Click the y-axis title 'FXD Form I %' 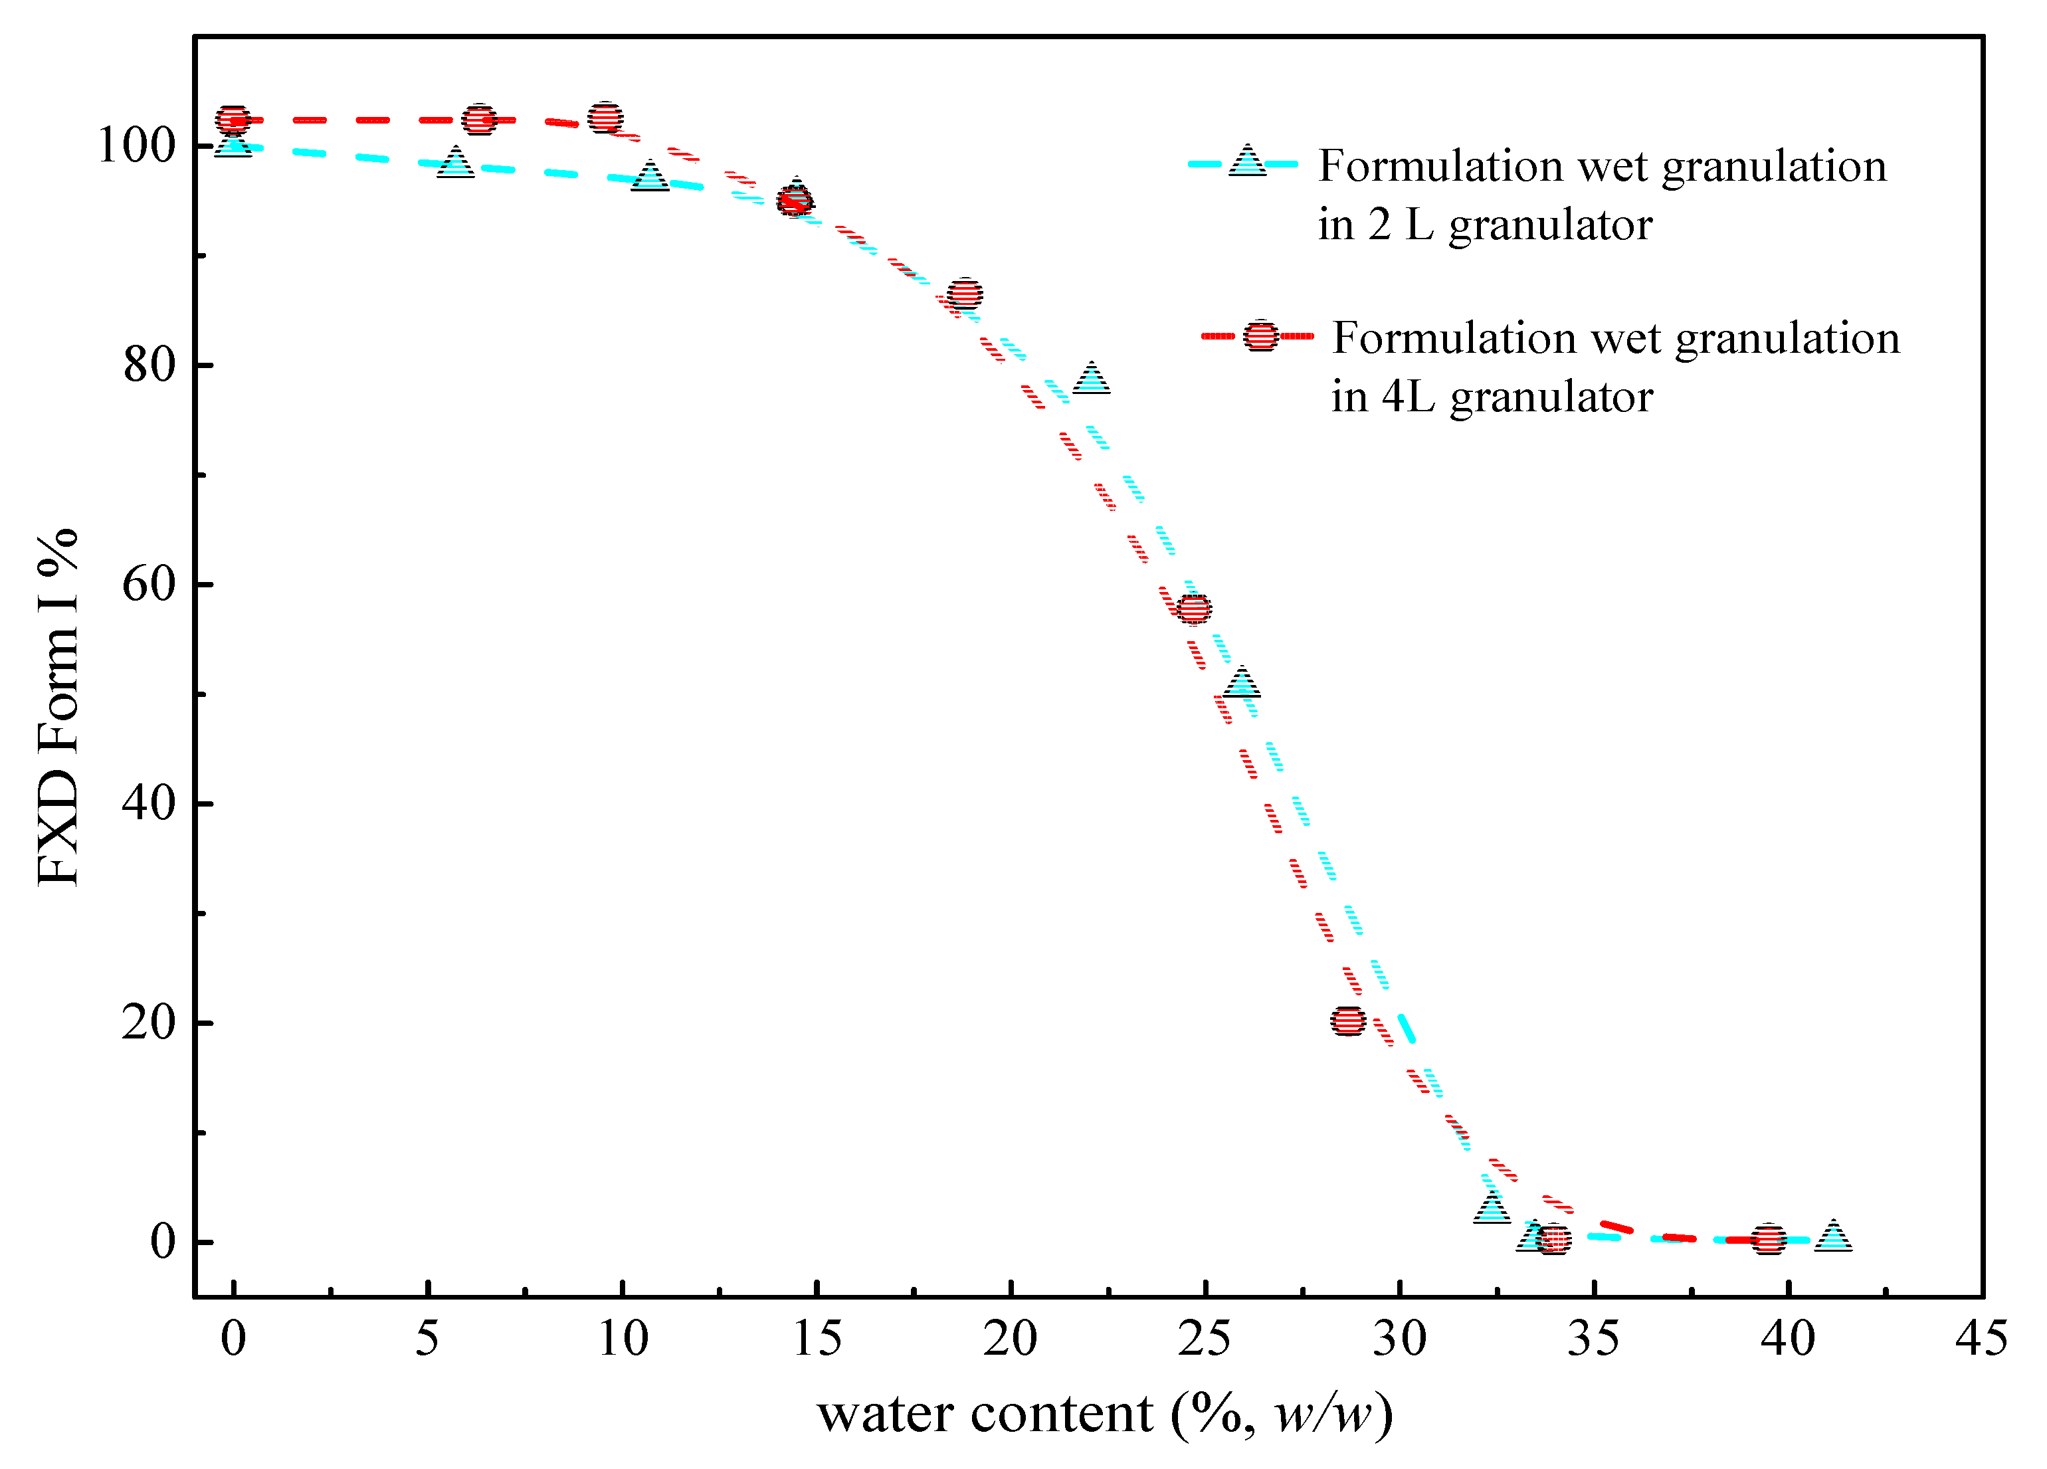(x=58, y=708)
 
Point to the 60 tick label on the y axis (x=148, y=584)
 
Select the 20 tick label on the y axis (x=148, y=1023)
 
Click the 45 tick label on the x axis (x=1981, y=1338)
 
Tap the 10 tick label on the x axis (x=623, y=1338)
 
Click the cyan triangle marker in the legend (x=1247, y=162)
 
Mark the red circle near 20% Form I (x=1347, y=1021)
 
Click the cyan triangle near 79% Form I (x=1091, y=379)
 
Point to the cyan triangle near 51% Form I (x=1242, y=683)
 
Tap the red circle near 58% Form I (x=1194, y=608)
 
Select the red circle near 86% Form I (x=965, y=293)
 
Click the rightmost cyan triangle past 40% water (x=1833, y=1235)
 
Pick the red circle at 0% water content (x=233, y=119)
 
